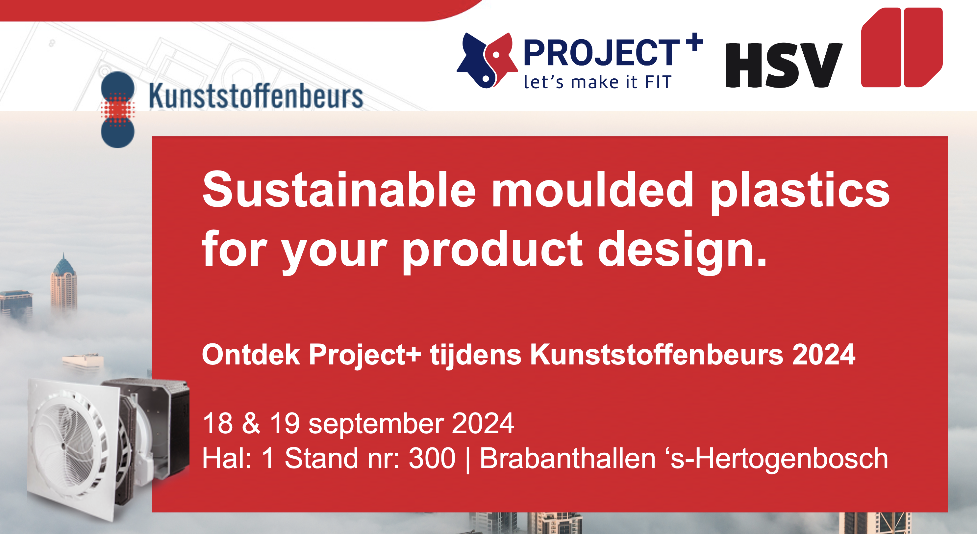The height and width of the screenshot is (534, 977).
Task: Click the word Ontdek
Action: (251, 355)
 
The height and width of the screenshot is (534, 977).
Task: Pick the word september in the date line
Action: (376, 424)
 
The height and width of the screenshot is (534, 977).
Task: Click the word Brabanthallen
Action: (567, 458)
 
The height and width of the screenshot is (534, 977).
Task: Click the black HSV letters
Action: (784, 65)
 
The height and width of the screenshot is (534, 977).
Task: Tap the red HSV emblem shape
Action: (902, 47)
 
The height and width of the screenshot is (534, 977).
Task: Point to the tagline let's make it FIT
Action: (598, 82)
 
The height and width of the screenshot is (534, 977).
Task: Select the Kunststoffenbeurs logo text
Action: (256, 96)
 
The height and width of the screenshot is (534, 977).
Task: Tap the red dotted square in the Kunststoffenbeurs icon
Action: (117, 109)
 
